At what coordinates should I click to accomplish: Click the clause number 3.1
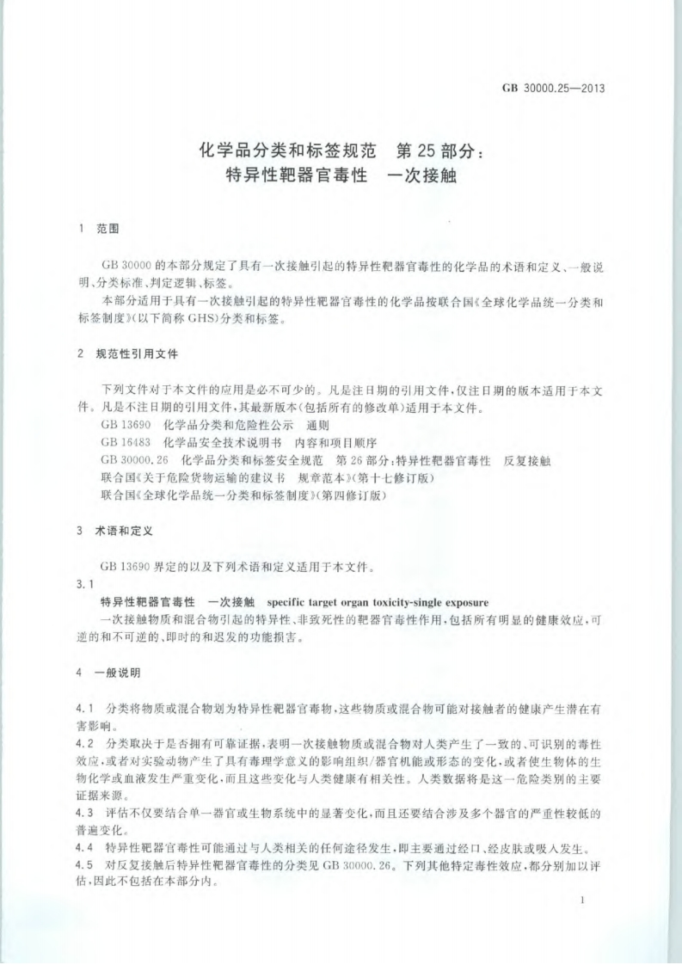85,585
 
